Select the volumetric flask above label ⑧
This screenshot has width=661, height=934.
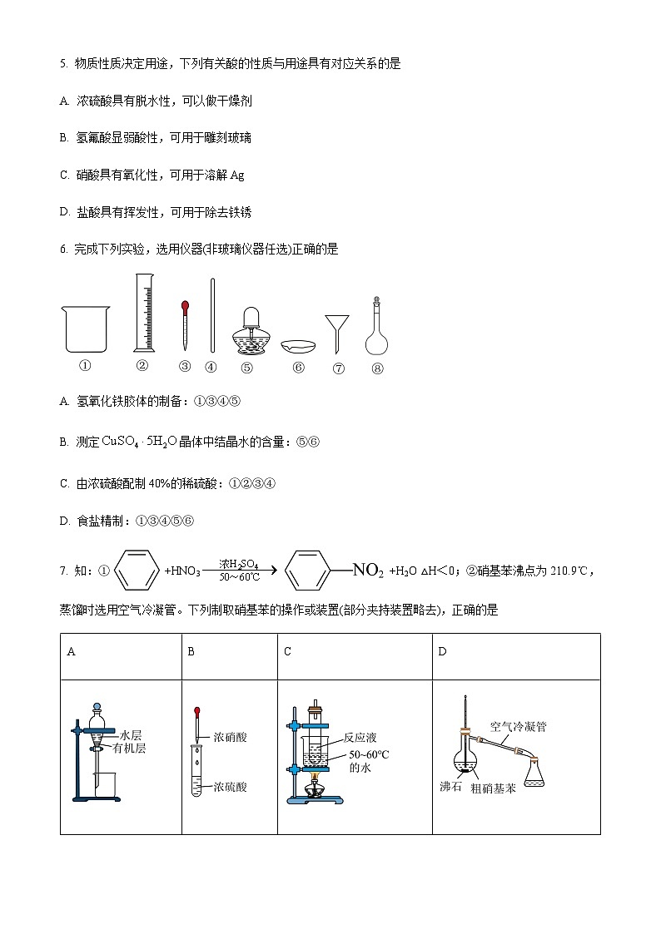[377, 329]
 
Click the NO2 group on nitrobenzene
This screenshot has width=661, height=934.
[368, 571]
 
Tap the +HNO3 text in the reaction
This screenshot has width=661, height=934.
[182, 571]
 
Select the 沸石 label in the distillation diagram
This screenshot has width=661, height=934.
[450, 786]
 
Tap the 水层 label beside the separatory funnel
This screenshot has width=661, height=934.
[131, 735]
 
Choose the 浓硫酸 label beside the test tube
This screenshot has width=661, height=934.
[230, 786]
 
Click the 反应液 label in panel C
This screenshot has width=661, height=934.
[360, 738]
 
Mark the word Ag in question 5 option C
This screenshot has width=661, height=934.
[236, 175]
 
